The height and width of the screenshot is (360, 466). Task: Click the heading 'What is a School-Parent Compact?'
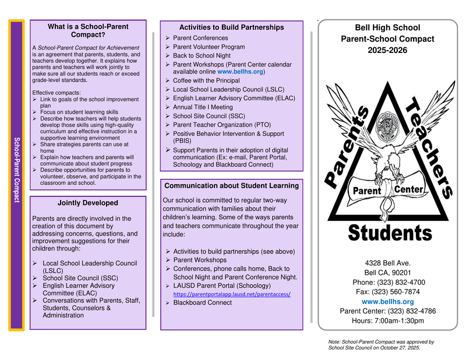pyautogui.click(x=88, y=30)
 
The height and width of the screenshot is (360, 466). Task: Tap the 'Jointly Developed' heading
pyautogui.click(x=88, y=203)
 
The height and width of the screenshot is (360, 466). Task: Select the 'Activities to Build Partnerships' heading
pyautogui.click(x=231, y=27)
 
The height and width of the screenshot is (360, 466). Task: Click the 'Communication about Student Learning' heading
pyautogui.click(x=231, y=186)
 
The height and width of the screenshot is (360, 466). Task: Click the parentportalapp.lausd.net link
pyautogui.click(x=232, y=294)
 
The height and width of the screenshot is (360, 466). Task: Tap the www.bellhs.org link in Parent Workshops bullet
pyautogui.click(x=241, y=72)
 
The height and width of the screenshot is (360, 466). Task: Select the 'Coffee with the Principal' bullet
pyautogui.click(x=206, y=80)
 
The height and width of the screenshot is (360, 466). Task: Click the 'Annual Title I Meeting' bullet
pyautogui.click(x=203, y=107)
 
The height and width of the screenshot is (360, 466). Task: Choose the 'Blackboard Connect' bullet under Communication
pyautogui.click(x=202, y=303)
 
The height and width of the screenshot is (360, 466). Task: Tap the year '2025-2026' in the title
pyautogui.click(x=387, y=50)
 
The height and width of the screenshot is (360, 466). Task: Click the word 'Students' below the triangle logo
pyautogui.click(x=390, y=233)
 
